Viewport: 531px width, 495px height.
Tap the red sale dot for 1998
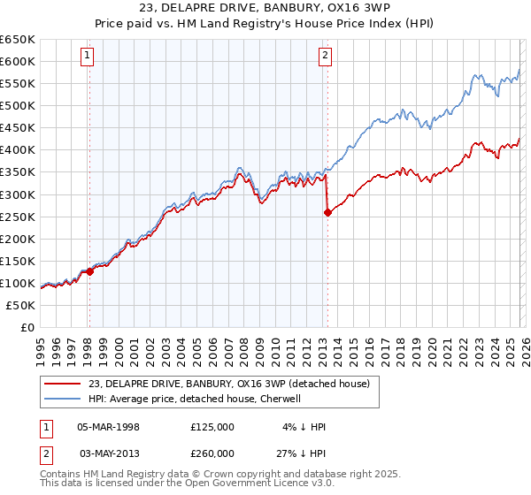(x=90, y=272)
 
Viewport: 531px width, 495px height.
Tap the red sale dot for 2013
(x=328, y=212)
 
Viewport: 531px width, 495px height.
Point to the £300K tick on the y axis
(x=18, y=194)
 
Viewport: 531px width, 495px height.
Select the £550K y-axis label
(x=18, y=84)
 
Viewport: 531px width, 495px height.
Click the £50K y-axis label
(x=21, y=305)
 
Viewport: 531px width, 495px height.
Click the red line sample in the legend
(x=63, y=383)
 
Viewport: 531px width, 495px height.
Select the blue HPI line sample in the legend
(x=63, y=399)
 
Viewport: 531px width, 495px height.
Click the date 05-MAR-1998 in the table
(x=108, y=427)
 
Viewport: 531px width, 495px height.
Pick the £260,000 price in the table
(x=212, y=453)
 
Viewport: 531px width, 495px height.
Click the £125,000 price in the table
(x=212, y=427)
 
